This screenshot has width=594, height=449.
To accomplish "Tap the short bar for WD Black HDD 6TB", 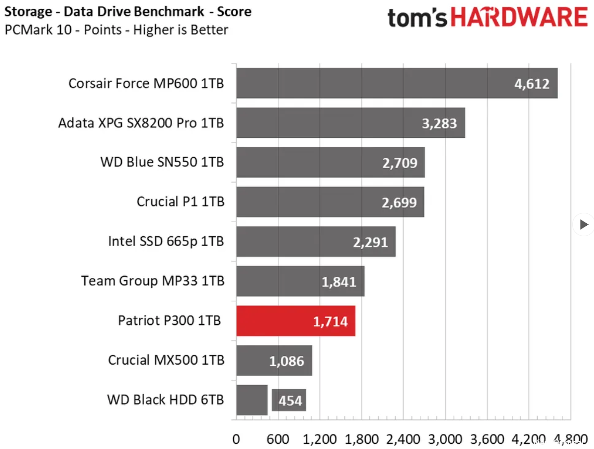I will pos(252,400).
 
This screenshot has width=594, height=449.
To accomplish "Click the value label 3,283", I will pos(440,123).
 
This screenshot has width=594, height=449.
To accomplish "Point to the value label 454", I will pos(290,401).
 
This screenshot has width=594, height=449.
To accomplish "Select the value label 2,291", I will pos(370,242).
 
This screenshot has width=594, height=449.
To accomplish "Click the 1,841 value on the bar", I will pos(339,282).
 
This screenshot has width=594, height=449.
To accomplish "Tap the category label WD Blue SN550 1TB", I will pos(162,162).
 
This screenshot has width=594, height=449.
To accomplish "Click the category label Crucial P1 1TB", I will pos(180,202).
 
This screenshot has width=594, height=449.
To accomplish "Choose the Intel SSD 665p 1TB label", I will pos(166,241).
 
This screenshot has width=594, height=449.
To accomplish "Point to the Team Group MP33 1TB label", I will pos(153,281).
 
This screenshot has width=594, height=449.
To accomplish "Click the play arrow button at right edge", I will pos(583,225).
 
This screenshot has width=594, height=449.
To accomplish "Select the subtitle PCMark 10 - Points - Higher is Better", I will pos(117,30).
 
